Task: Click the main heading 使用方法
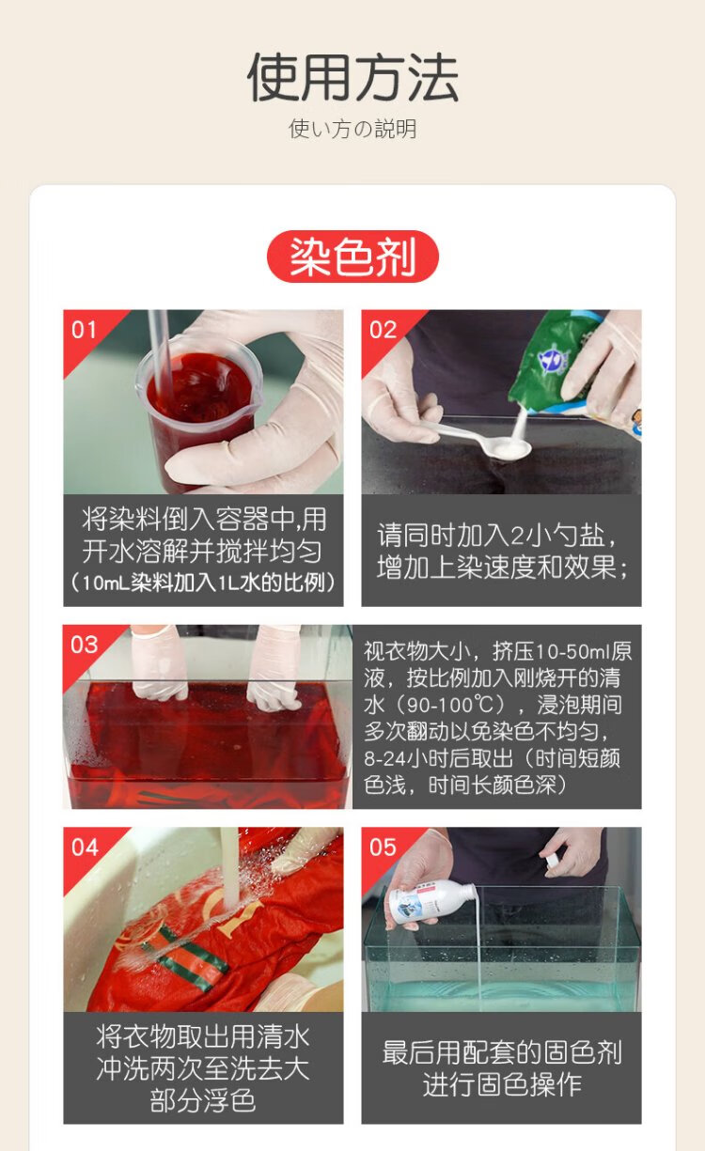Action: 352,77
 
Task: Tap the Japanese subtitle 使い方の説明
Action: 352,129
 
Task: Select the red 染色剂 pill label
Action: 352,257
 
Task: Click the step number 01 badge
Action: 85,330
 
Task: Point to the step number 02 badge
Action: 383,330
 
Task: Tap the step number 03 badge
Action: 85,645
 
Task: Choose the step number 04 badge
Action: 85,848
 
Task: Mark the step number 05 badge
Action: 384,848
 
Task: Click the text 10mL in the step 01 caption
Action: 105,583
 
